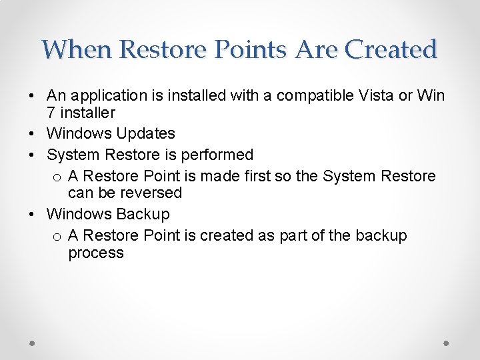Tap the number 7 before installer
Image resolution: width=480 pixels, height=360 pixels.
[51, 113]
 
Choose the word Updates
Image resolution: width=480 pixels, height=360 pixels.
[145, 134]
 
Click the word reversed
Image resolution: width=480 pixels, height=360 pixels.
[152, 193]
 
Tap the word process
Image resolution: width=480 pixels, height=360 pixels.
[95, 253]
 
